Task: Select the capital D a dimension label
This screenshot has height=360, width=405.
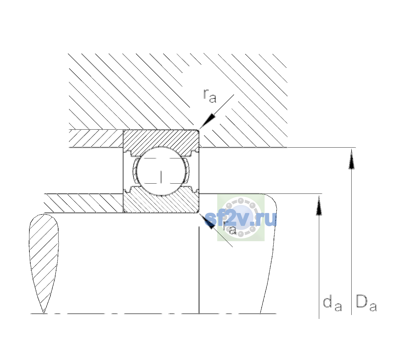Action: tap(366, 304)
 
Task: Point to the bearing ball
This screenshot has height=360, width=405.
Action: tap(161, 171)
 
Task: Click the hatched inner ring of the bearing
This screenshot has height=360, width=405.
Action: tap(161, 202)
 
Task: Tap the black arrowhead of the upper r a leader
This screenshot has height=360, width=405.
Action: tap(208, 121)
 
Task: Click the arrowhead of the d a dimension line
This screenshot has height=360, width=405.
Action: tap(319, 205)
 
